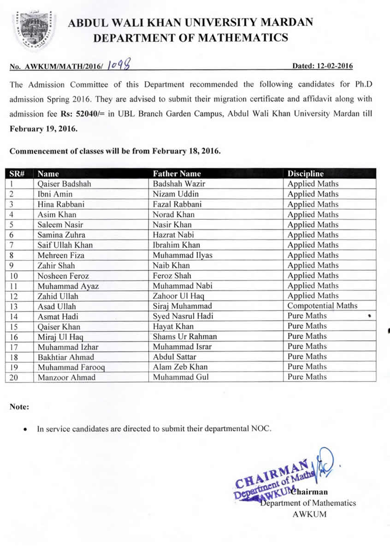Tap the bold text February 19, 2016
click(44, 129)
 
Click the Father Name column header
click(177, 174)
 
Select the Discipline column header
click(306, 174)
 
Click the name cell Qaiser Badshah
click(65, 184)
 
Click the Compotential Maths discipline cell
click(322, 305)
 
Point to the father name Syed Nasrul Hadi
click(183, 316)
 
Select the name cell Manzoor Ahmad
click(67, 376)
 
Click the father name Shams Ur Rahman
click(185, 336)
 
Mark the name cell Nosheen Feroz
click(63, 275)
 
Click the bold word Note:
click(19, 407)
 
